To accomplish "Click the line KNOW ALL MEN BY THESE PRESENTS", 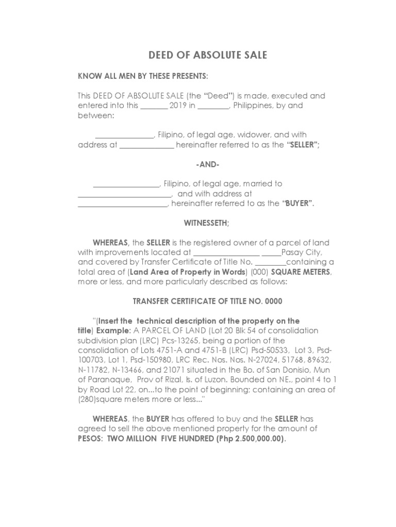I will click(x=143, y=76).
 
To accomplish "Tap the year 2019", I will click(x=178, y=106).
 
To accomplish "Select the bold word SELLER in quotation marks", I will click(x=303, y=145).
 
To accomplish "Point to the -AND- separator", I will click(x=208, y=164).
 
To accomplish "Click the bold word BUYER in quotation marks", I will click(x=298, y=203).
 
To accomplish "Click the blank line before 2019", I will click(x=154, y=107).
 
